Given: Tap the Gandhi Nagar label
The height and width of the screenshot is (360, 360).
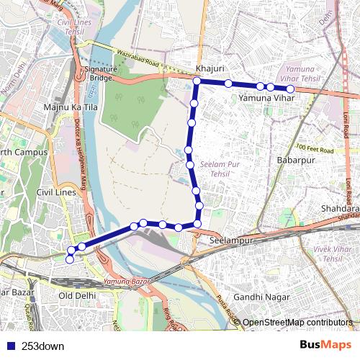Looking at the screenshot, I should click(x=261, y=297).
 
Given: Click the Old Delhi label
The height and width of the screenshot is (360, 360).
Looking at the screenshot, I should click(x=76, y=296).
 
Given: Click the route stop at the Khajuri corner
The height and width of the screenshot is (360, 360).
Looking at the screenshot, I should click(x=197, y=81).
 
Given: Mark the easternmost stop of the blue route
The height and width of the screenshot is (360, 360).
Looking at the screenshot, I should click(x=289, y=89).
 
